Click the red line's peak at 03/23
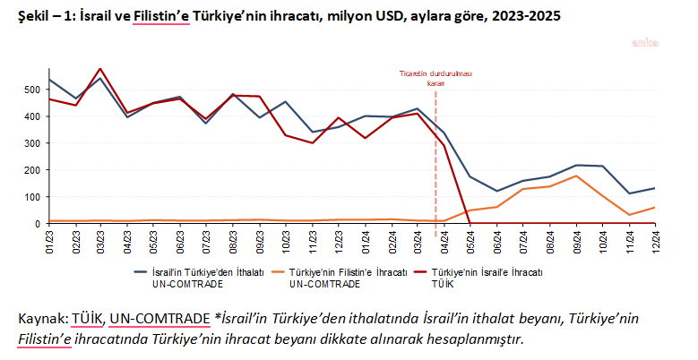click(100, 69)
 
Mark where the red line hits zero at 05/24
click(470, 223)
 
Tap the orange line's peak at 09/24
click(575, 176)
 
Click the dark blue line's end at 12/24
click(654, 188)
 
